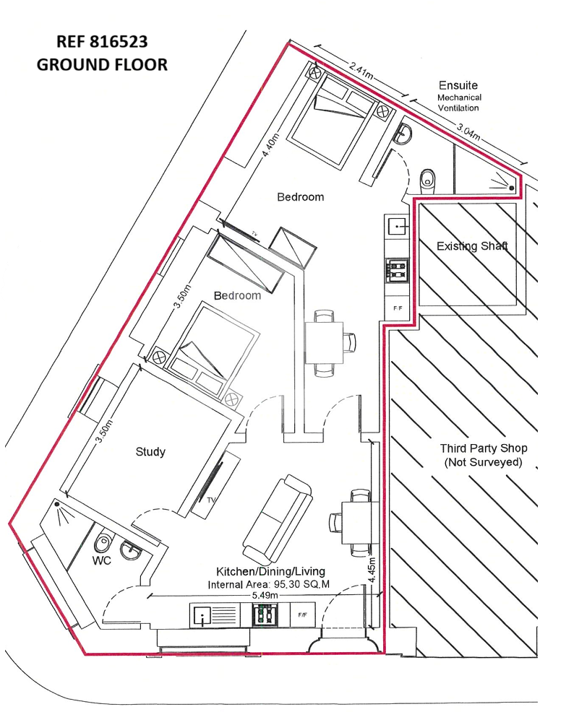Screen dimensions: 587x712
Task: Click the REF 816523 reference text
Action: pyautogui.click(x=102, y=42)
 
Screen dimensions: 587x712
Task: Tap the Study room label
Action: pyautogui.click(x=150, y=452)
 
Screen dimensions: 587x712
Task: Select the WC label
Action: pyautogui.click(x=101, y=561)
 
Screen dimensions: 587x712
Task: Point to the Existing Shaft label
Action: pyautogui.click(x=472, y=246)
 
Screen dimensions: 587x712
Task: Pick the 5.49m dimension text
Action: pyautogui.click(x=265, y=595)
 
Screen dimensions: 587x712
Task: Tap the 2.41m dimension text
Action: pyautogui.click(x=361, y=71)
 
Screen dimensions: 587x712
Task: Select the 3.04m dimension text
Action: pyautogui.click(x=468, y=132)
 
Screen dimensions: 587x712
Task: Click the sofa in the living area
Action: pyautogui.click(x=278, y=518)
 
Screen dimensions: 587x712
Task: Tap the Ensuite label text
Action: pyautogui.click(x=458, y=85)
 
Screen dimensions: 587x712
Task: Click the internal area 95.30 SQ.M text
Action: pyautogui.click(x=268, y=585)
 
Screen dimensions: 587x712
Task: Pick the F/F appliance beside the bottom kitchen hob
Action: pyautogui.click(x=303, y=615)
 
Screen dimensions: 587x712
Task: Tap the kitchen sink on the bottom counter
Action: pyautogui.click(x=200, y=616)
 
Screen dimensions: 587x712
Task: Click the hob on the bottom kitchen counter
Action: pyautogui.click(x=265, y=615)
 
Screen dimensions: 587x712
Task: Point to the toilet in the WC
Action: pyautogui.click(x=103, y=543)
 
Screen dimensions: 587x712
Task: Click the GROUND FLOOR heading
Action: pyautogui.click(x=102, y=64)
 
